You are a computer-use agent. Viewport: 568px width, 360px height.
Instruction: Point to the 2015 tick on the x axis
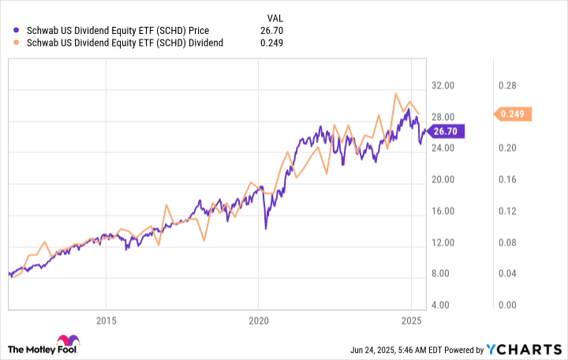point(106,321)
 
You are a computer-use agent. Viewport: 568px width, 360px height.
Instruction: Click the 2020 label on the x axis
point(259,321)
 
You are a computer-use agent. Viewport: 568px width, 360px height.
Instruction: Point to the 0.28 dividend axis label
point(505,85)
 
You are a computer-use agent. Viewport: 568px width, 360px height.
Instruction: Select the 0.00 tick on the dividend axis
point(505,305)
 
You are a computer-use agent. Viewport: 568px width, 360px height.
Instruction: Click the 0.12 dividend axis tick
point(505,211)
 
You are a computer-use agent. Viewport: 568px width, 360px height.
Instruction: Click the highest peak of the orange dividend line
point(395,93)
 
